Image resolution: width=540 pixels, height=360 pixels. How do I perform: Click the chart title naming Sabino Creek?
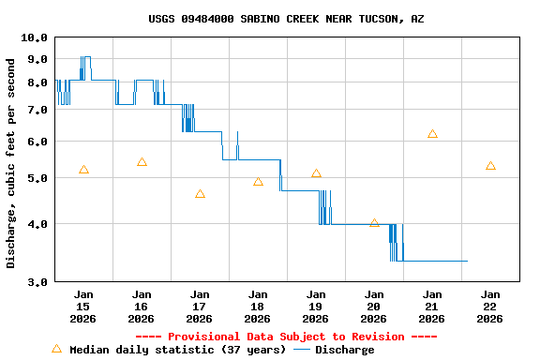[286, 19]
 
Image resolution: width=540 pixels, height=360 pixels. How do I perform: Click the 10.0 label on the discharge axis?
[34, 37]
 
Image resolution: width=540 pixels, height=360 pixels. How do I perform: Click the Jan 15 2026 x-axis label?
[83, 306]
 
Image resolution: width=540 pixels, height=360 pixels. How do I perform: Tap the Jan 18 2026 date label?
[258, 306]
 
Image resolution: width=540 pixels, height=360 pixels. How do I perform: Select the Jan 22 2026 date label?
[490, 306]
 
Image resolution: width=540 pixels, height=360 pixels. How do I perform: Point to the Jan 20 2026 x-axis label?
[374, 306]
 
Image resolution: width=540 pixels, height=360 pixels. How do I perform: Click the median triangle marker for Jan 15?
[83, 170]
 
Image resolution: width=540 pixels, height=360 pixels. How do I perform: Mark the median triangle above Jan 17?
[200, 194]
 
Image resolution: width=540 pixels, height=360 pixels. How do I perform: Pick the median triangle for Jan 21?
[432, 134]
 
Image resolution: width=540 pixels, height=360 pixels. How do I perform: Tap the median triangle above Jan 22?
[490, 166]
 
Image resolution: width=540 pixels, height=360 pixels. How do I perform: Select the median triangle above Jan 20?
[374, 223]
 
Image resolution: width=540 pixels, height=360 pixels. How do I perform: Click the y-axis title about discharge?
[11, 163]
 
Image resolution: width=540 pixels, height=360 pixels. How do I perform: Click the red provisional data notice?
[286, 337]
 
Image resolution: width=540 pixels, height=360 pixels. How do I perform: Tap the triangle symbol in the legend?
[56, 349]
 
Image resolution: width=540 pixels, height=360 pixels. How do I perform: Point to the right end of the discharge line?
[467, 261]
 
